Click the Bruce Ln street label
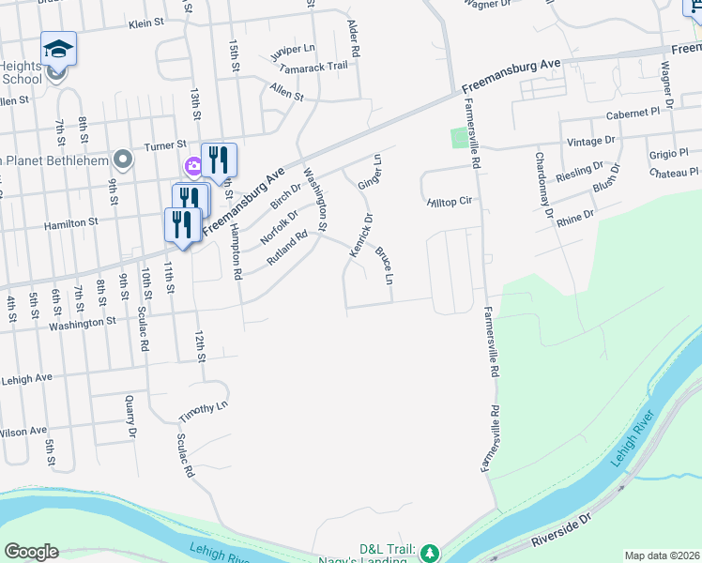point(383,266)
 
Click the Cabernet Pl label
point(633,114)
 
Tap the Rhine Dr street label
point(575,215)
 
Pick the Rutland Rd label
point(287,248)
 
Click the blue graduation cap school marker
point(58,48)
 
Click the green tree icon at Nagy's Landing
point(430,551)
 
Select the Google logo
point(31,552)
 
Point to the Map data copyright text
point(662,555)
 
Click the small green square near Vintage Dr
point(458,139)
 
